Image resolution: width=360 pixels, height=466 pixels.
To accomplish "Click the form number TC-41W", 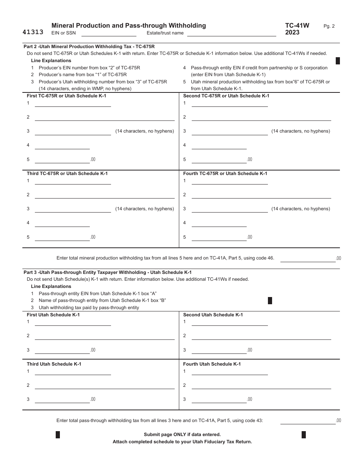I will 297,26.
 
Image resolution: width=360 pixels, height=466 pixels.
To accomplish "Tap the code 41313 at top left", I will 33,32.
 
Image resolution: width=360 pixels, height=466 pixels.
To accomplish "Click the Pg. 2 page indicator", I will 329,26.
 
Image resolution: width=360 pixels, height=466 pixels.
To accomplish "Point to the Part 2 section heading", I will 89,47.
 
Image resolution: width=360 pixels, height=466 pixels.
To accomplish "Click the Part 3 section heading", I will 108,272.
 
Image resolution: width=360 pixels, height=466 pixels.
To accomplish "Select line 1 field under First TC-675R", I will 73,104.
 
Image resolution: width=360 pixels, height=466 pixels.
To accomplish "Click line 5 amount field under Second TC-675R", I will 219,160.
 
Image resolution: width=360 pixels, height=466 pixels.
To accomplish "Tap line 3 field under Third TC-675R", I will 73,209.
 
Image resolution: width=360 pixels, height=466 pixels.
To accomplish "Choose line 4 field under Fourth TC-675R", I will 219,223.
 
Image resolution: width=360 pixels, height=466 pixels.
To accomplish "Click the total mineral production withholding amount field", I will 308,258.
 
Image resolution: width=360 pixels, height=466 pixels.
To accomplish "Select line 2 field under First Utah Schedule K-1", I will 105,336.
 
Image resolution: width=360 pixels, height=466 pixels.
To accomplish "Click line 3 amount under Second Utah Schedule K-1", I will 219,350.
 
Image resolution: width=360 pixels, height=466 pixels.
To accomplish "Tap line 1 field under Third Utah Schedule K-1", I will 73,372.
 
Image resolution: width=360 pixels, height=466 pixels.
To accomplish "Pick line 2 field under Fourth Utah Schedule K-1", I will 261,386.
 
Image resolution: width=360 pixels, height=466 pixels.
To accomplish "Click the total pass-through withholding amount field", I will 308,421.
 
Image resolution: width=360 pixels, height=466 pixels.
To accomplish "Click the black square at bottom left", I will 58,435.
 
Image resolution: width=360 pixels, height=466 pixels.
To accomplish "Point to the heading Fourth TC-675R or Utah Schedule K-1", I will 225,174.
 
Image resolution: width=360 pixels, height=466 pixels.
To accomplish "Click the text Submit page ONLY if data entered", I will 182,435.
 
